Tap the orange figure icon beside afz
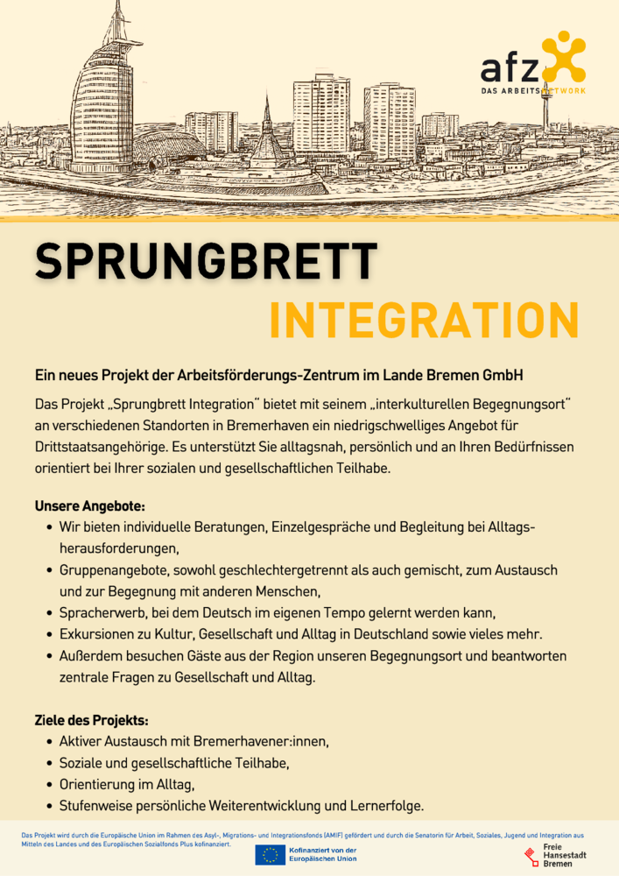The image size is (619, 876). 562,56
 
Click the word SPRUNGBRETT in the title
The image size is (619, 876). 206,260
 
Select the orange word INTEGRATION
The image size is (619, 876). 424,321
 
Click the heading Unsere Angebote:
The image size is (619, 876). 89,506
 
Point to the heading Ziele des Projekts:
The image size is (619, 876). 91,720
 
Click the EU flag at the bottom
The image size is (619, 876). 270,855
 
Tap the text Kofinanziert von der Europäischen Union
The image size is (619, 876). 322,855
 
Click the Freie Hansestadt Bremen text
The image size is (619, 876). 565,856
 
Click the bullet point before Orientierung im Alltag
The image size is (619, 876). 48,785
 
